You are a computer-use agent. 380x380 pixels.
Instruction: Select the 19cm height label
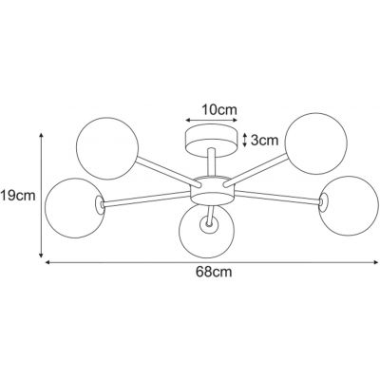18,197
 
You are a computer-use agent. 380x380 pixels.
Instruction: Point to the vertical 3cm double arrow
246,140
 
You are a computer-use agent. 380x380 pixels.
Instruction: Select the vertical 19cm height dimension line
41,195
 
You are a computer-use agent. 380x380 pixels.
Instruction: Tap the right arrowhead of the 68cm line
374,262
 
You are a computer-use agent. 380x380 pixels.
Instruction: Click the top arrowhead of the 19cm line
41,136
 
